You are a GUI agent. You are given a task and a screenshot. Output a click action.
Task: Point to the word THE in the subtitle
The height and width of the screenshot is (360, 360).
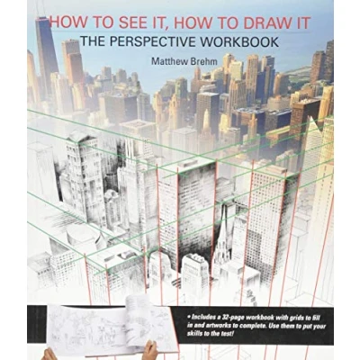93,41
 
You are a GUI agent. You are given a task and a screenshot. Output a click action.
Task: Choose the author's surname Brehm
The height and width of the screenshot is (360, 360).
205,61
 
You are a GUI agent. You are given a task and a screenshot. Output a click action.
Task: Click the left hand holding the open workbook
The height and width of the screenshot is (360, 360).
49,354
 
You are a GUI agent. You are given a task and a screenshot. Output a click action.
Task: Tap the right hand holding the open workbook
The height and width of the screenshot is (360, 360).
150,351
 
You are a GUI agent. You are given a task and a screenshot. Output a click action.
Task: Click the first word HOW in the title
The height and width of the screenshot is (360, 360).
65,23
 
